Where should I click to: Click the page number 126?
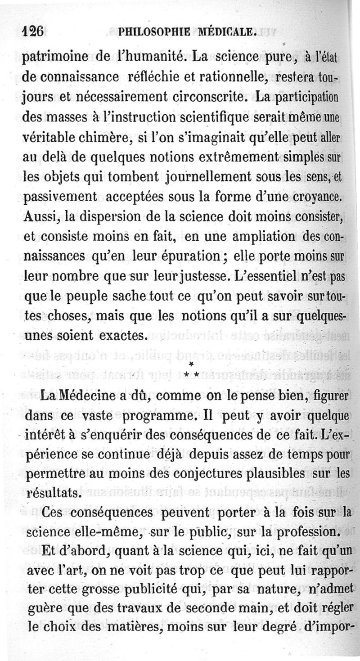click(x=32, y=32)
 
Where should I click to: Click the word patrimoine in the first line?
click(x=55, y=58)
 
